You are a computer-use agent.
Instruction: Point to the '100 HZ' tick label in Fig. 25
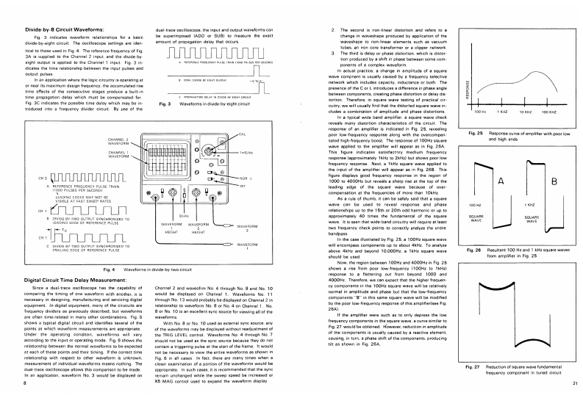coord(481,112)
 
